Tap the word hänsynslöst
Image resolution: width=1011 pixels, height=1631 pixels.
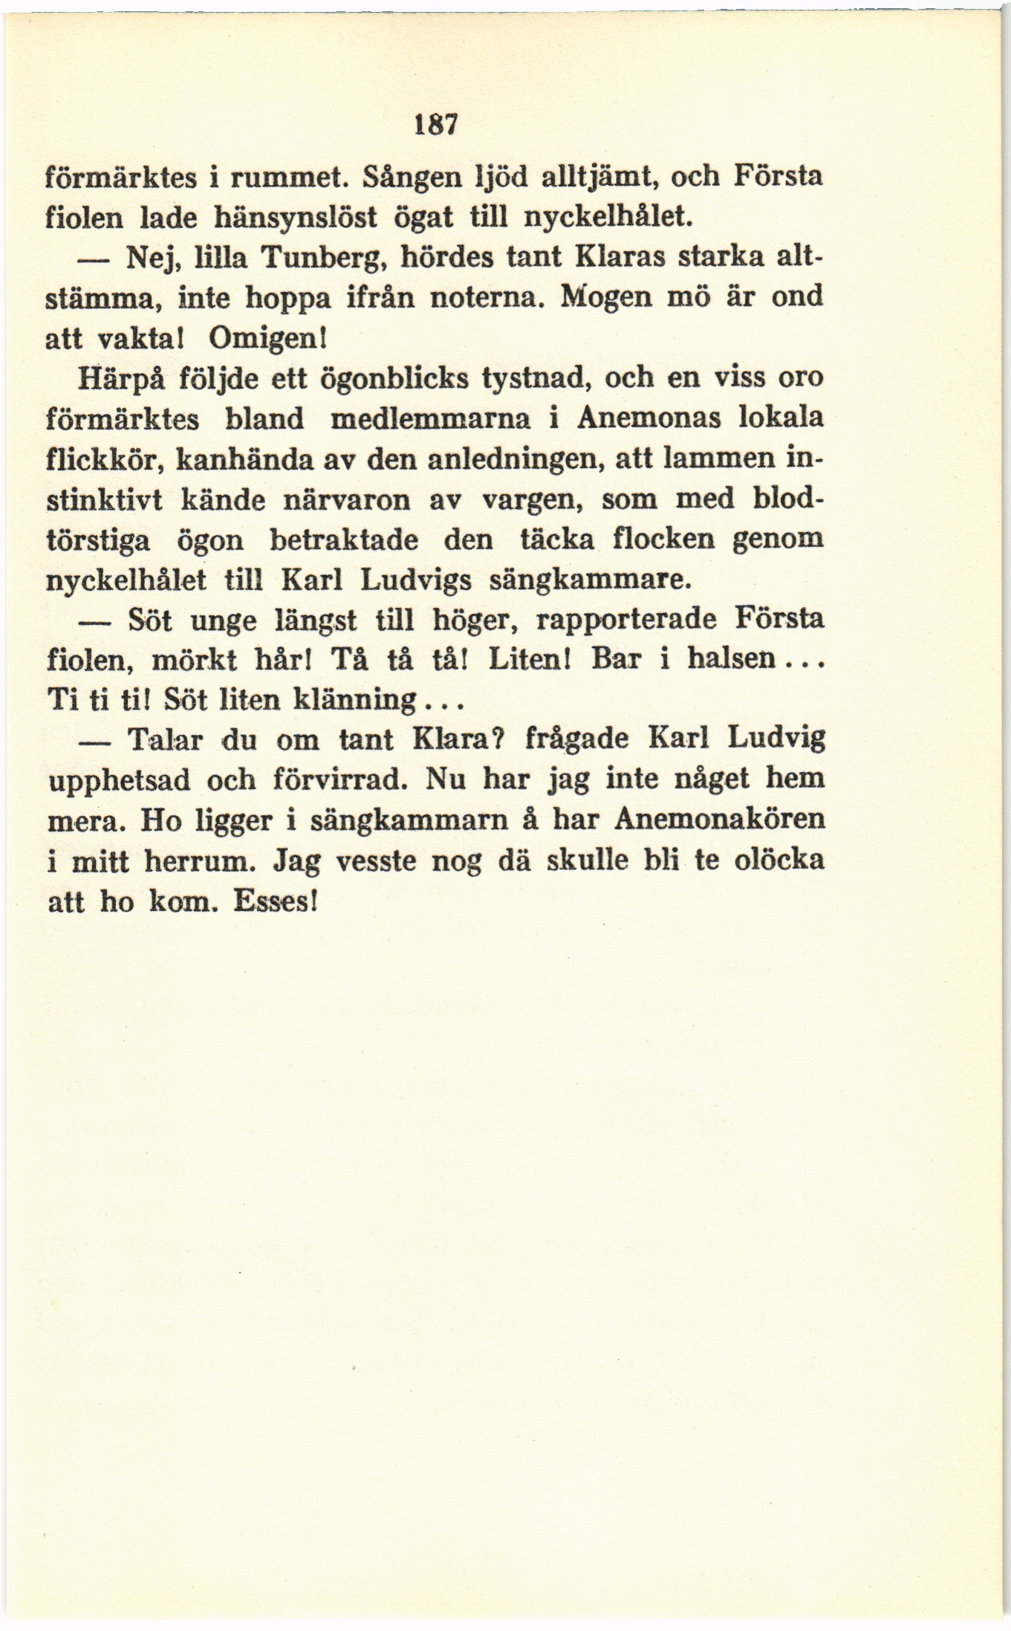point(296,217)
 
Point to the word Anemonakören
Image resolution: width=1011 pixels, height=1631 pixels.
point(719,820)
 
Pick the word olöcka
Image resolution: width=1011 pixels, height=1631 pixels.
point(778,860)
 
